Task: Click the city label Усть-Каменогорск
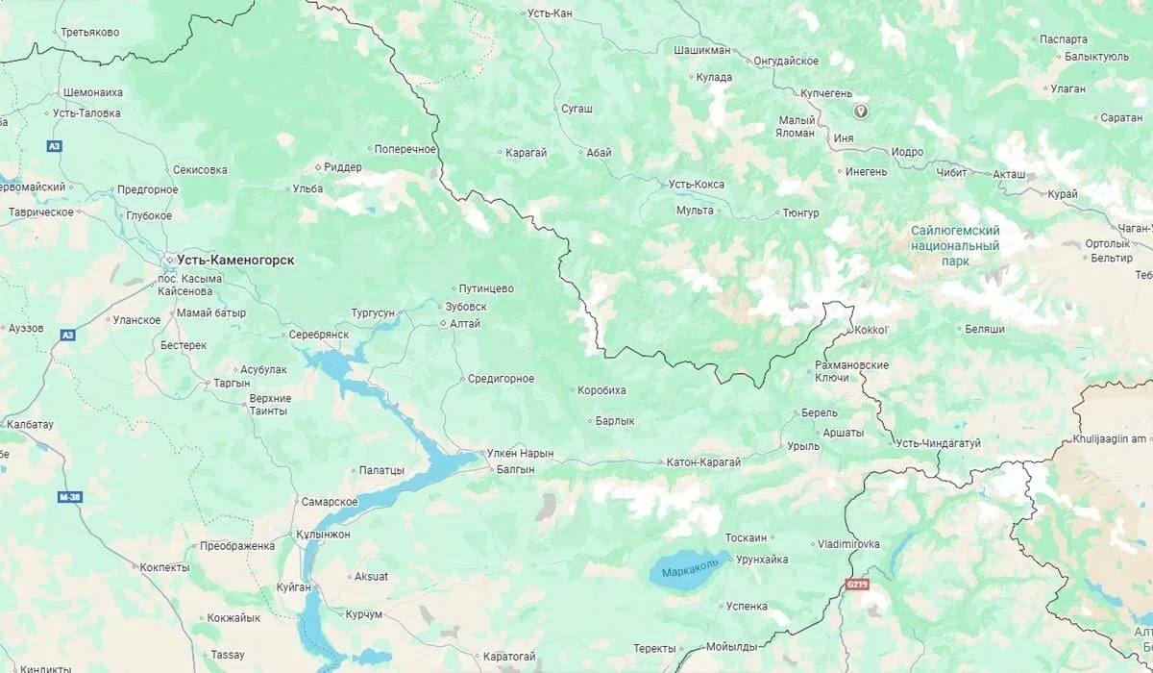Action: pyautogui.click(x=235, y=261)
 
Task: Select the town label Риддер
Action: pyautogui.click(x=343, y=167)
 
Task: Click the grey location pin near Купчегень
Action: pyautogui.click(x=861, y=112)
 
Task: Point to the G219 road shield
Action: pyautogui.click(x=857, y=584)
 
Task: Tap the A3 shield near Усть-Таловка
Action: pyautogui.click(x=55, y=146)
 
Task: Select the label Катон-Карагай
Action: pyautogui.click(x=703, y=462)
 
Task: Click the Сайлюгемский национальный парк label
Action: pyautogui.click(x=955, y=246)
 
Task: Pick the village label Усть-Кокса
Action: pyautogui.click(x=697, y=185)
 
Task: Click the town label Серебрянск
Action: pyautogui.click(x=319, y=334)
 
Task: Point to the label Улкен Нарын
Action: pyautogui.click(x=520, y=453)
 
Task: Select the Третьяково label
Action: pyautogui.click(x=89, y=33)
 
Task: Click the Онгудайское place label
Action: pyautogui.click(x=786, y=61)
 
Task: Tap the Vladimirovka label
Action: pyautogui.click(x=848, y=544)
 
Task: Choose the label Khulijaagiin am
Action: pyautogui.click(x=1112, y=439)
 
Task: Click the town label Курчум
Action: pyautogui.click(x=364, y=614)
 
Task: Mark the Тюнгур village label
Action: pyautogui.click(x=800, y=213)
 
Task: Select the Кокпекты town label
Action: pyautogui.click(x=164, y=568)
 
